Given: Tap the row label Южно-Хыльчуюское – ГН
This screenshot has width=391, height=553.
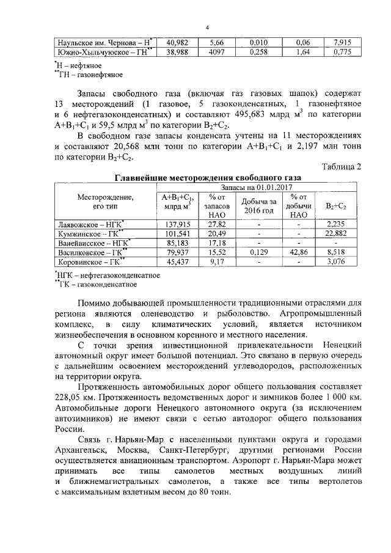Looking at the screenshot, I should point(104,53).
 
